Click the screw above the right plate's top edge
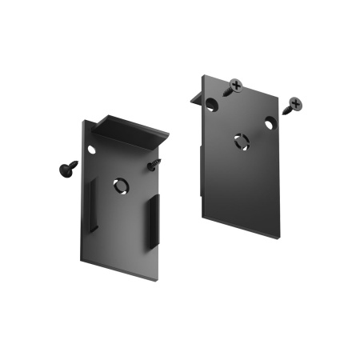coord(234,86)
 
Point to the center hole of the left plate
coord(120,186)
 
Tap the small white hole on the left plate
coord(91,150)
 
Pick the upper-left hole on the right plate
coord(211,103)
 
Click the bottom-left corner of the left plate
coord(82,258)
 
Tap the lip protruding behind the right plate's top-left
coord(194,97)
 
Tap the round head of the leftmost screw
coord(62,168)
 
